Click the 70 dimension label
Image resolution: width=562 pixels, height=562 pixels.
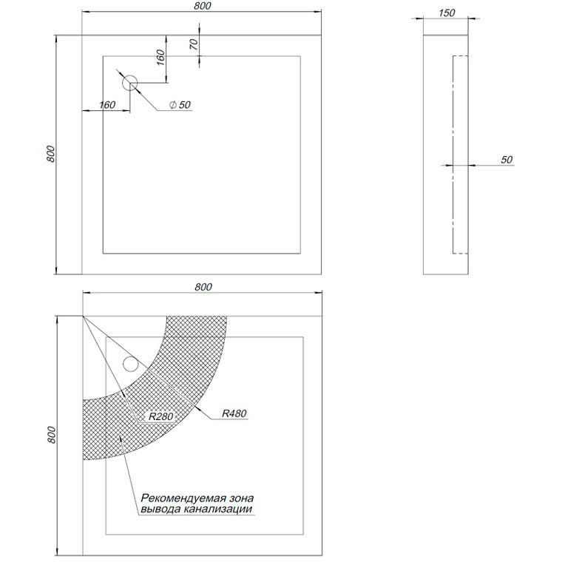coord(194,44)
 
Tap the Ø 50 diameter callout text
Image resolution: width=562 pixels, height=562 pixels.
coord(180,105)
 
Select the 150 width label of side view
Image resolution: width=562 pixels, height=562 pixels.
coord(447,13)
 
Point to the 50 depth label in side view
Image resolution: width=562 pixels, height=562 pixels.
coord(507,160)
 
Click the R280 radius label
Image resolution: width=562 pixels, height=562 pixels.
coord(161,416)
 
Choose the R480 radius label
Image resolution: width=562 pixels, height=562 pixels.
coord(234,413)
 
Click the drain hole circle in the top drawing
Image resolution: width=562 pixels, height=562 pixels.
coord(129,83)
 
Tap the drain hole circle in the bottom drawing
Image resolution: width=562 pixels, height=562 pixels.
coord(130,364)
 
